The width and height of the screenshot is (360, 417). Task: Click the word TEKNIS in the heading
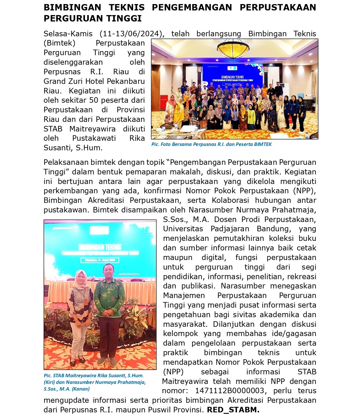pos(126,7)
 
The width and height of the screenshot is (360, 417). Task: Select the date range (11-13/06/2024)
pos(132,34)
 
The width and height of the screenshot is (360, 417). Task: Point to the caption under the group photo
pos(211,144)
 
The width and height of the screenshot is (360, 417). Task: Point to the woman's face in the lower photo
pos(81,278)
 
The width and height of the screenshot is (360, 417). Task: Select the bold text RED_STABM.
pos(233,410)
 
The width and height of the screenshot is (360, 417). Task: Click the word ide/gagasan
pos(294,334)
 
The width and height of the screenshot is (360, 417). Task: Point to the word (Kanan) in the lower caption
pos(81,389)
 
